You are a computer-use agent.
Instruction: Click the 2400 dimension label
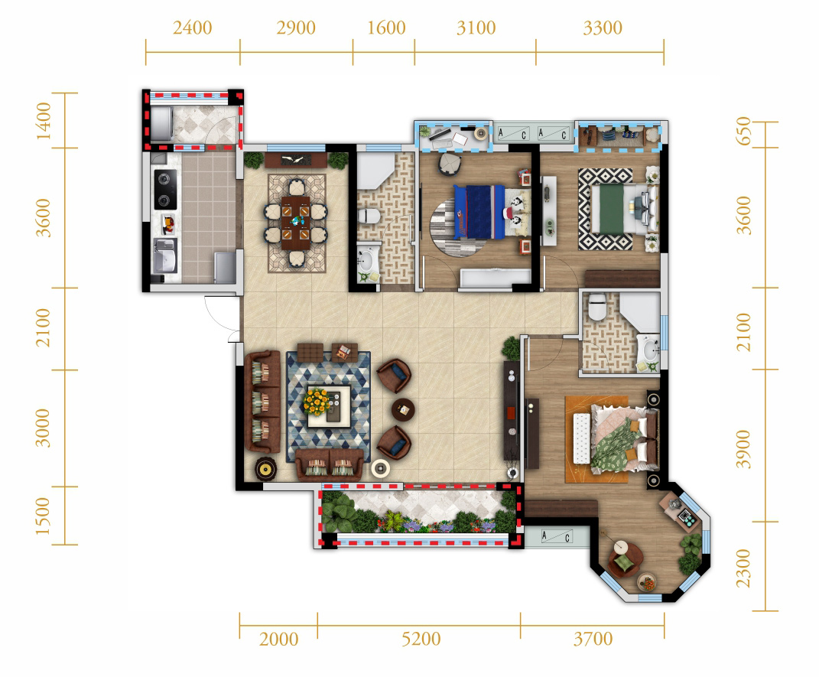click(x=192, y=28)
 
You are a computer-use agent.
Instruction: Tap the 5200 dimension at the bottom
click(x=421, y=639)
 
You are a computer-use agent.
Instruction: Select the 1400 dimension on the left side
click(x=44, y=121)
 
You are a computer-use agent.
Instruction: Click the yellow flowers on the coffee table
click(x=317, y=402)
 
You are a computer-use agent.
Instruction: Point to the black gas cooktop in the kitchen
click(x=165, y=189)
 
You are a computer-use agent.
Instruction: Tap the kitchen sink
click(x=164, y=256)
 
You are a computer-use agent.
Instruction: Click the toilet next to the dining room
click(x=370, y=215)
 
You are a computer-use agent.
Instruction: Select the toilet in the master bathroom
click(x=597, y=306)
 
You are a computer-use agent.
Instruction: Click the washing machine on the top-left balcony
click(x=161, y=125)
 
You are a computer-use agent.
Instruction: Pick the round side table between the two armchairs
click(x=403, y=410)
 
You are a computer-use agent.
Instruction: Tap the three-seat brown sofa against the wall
click(x=263, y=401)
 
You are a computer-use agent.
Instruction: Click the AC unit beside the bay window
click(x=556, y=536)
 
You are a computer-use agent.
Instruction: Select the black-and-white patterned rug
click(x=606, y=209)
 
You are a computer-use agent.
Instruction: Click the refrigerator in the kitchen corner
click(x=225, y=268)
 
